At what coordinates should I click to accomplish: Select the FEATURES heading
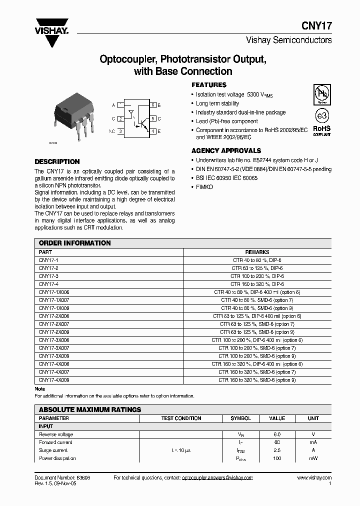point(209,85)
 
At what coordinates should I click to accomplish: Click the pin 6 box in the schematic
point(152,105)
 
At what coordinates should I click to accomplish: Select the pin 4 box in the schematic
point(152,131)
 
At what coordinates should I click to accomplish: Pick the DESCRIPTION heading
point(56,162)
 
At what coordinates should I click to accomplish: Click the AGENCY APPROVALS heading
point(226,150)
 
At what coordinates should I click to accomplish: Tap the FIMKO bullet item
point(204,186)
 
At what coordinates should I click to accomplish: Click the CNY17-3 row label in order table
point(48,276)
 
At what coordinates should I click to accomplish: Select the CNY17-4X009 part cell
point(54,380)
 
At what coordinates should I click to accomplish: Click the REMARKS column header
point(257,252)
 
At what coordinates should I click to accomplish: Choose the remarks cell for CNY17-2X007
point(257,324)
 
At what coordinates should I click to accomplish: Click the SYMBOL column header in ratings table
point(240,418)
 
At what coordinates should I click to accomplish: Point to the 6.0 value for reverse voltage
point(277,434)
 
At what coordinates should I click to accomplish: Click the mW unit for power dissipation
point(313,458)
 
